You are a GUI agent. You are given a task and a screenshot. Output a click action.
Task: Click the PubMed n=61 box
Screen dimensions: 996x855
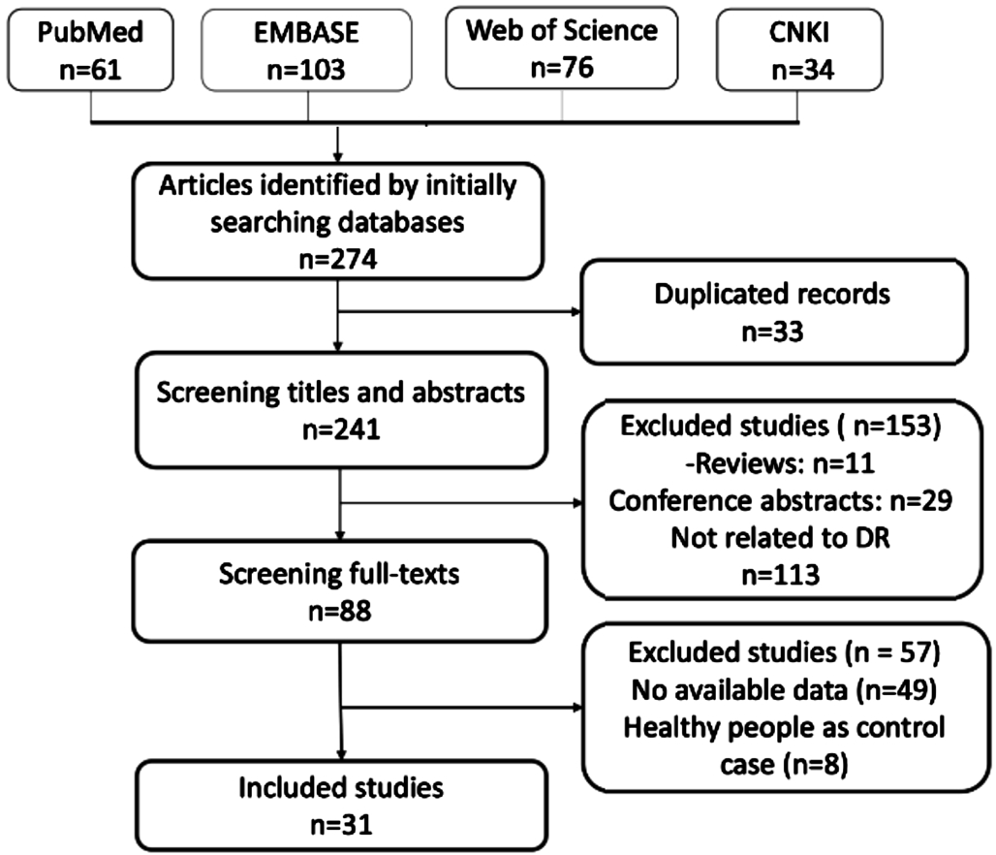coord(90,49)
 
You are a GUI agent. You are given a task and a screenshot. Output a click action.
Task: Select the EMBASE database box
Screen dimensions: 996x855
coord(306,49)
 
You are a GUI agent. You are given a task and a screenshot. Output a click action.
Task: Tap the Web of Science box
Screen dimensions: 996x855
coord(562,47)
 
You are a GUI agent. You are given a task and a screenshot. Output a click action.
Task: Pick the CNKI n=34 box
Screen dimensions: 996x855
coord(799,49)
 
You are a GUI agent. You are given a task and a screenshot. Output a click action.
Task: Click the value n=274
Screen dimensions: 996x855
coord(338,260)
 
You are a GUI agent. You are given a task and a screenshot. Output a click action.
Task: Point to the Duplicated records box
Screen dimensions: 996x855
coord(774,311)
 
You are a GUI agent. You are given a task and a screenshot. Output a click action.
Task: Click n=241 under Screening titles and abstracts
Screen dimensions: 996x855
coord(341,429)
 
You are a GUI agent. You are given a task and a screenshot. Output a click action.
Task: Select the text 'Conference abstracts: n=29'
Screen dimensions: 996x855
coord(780,501)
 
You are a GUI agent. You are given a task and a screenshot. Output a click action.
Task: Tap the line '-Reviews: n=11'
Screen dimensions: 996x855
coord(780,463)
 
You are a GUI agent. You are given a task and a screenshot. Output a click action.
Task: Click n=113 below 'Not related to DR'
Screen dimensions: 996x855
coord(781,575)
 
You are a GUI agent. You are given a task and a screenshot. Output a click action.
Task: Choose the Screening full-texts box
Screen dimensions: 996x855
coord(340,591)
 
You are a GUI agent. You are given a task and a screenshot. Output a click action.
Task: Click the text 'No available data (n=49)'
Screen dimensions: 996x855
coord(784,690)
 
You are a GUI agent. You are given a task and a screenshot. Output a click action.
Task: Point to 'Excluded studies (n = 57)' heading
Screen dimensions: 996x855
coord(784,652)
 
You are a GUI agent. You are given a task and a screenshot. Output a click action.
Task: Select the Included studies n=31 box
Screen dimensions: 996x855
coord(341,806)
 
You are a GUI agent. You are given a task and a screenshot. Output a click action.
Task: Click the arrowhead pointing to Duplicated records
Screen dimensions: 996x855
coord(576,311)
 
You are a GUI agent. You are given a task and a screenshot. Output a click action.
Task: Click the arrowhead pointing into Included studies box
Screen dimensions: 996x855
coord(341,755)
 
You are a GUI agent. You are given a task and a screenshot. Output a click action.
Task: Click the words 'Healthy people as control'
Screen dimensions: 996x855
coord(784,727)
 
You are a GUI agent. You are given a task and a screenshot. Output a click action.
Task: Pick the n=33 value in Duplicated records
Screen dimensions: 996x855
coord(773,332)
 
